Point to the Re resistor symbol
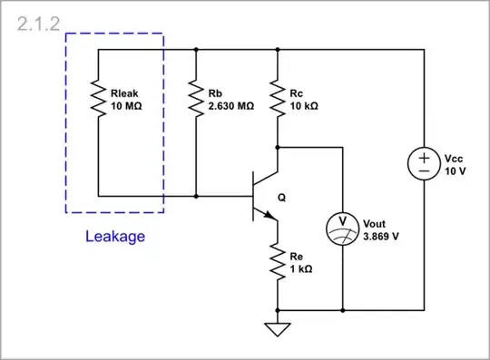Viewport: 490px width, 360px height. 278,263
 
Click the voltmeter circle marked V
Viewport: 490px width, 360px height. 342,229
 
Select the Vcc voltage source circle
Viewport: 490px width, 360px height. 424,164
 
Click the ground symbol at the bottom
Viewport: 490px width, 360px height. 278,327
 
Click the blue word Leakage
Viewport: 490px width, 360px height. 114,238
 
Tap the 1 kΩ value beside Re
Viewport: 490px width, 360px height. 301,270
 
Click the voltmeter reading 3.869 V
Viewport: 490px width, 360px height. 382,236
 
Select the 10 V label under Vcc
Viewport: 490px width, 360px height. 454,170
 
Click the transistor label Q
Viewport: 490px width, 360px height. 291,192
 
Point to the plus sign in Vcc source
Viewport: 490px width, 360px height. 424,157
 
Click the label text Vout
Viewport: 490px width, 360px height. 375,223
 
